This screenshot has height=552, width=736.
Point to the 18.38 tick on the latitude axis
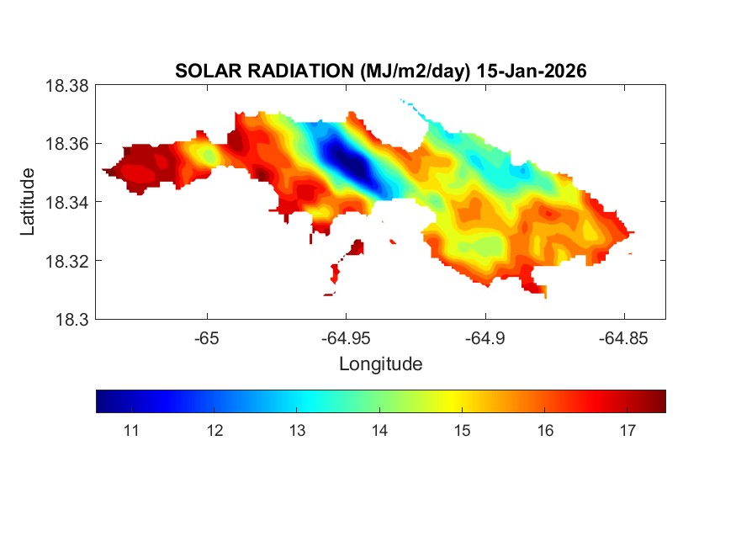[66, 85]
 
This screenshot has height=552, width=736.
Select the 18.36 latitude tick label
[66, 144]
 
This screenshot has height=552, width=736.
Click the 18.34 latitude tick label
[66, 202]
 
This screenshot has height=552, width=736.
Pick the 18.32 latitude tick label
[66, 261]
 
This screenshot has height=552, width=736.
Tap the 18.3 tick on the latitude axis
[72, 319]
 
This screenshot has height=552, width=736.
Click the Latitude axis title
[29, 202]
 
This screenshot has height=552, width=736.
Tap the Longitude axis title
[380, 364]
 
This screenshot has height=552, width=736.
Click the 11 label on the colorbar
[130, 431]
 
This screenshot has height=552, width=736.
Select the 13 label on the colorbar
[296, 431]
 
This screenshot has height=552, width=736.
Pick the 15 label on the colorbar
[461, 431]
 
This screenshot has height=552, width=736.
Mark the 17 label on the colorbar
[627, 431]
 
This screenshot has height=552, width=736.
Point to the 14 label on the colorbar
[379, 431]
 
